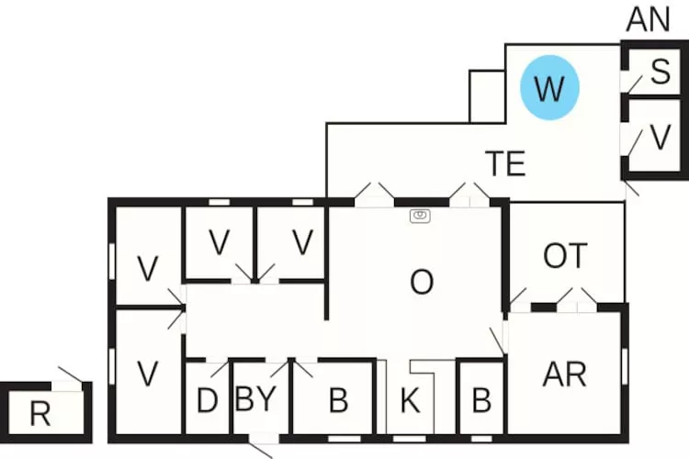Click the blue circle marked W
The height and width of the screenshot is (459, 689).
[x=549, y=89]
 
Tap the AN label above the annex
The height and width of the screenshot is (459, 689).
[x=649, y=19]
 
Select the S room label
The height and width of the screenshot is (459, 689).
[x=660, y=73]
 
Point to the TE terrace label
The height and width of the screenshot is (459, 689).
[x=505, y=163]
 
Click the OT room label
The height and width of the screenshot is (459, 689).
[x=564, y=256]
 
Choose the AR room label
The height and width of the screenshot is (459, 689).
[x=565, y=375]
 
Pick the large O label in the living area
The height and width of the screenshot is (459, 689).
[x=421, y=282]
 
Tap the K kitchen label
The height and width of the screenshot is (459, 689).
[x=411, y=402]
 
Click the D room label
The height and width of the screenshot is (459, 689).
[x=207, y=402]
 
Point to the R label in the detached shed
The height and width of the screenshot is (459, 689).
[x=40, y=414]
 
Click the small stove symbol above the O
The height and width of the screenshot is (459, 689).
[x=420, y=216]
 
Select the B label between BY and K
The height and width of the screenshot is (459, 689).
[x=338, y=401]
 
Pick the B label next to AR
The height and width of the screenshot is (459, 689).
[x=480, y=401]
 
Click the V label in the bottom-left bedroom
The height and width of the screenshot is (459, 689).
[x=147, y=374]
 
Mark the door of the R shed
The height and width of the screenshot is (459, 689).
[x=70, y=375]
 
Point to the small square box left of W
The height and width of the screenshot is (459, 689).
[x=487, y=95]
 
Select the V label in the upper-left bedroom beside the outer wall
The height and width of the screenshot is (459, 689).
[x=147, y=269]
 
